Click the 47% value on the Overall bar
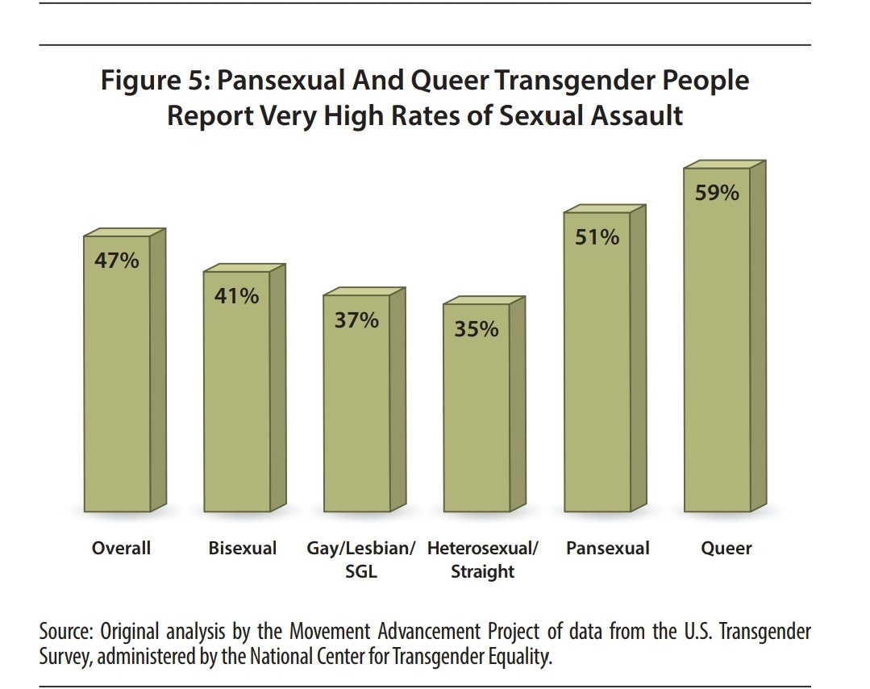[117, 261]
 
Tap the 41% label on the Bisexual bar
[237, 296]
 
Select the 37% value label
[356, 320]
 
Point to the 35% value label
[477, 329]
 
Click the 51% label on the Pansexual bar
[597, 237]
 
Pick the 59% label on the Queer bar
[717, 194]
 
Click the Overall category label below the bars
[121, 549]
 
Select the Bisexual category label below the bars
[242, 549]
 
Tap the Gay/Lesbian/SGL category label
[360, 560]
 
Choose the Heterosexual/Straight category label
[482, 560]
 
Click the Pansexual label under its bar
[607, 549]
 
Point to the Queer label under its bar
[726, 549]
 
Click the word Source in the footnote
[64, 632]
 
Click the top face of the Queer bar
[724, 165]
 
